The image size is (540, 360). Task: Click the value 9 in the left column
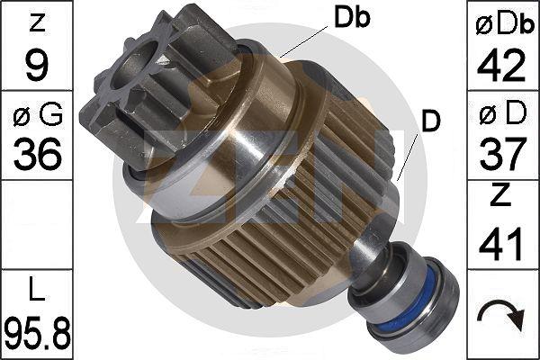[37, 64]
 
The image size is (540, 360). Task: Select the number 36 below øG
[37, 155]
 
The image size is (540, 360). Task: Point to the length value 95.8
[37, 333]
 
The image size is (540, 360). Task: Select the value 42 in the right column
[503, 64]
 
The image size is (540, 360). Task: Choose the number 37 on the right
[503, 155]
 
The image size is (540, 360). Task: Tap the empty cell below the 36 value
[37, 225]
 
